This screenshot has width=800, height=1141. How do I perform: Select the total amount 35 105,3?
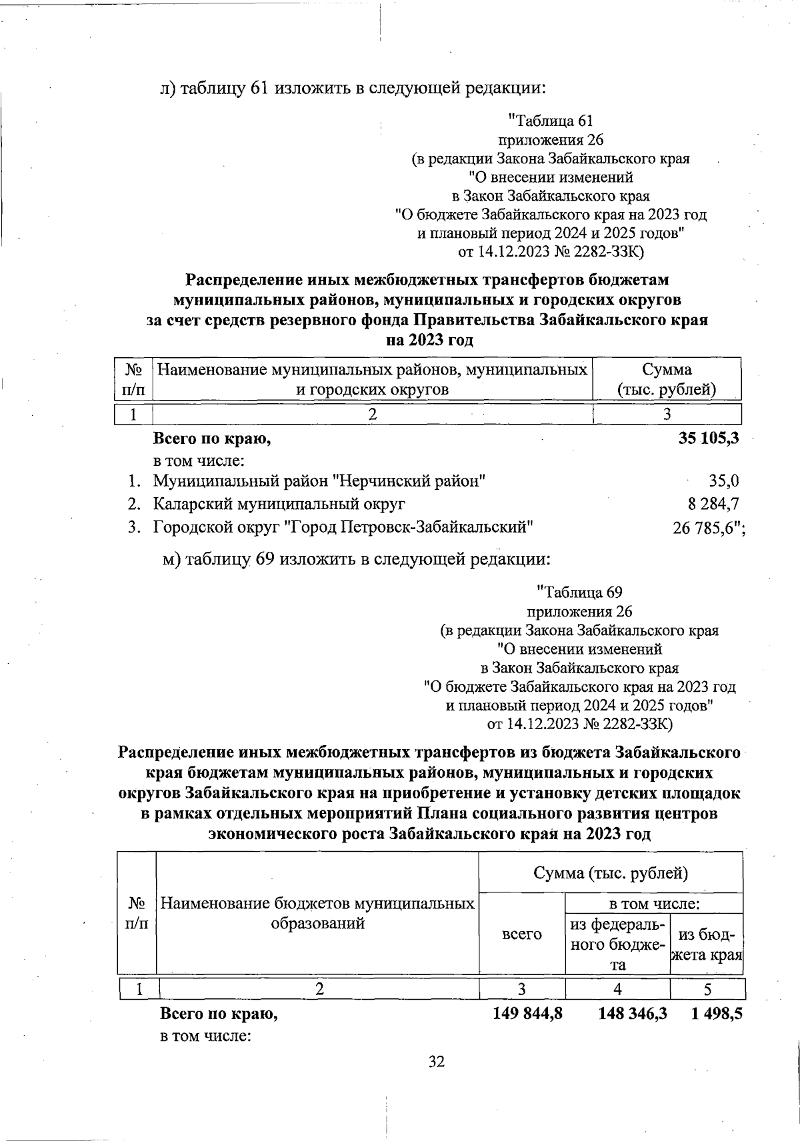pos(705,439)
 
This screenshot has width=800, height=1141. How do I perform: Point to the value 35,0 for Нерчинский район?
pos(723,481)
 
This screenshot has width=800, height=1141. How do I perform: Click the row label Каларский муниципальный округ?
pos(279,504)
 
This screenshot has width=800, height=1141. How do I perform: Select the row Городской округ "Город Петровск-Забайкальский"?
pos(343,528)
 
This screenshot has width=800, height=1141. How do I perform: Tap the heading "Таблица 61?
pos(551,121)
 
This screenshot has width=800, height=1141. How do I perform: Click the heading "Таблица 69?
pos(579,592)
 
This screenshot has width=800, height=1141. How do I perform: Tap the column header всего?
pos(521,934)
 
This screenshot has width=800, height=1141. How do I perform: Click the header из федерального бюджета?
pos(617,944)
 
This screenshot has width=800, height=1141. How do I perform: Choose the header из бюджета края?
pos(707,944)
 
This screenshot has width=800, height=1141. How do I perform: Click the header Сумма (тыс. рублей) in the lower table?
pos(610,872)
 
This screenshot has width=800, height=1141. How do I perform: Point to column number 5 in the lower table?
pos(707,989)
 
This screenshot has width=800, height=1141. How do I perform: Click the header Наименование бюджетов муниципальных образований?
pos(317,913)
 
